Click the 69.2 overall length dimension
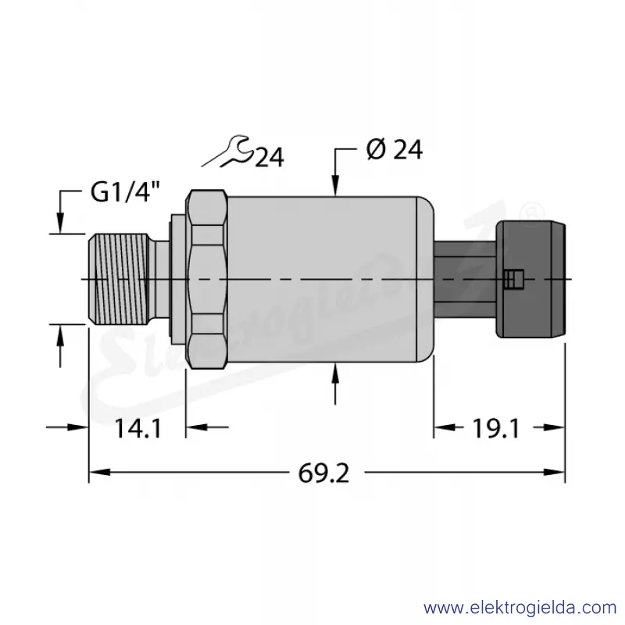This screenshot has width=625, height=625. pyautogui.click(x=323, y=473)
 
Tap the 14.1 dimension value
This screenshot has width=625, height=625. pyautogui.click(x=138, y=429)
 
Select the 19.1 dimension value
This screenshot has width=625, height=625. pyautogui.click(x=496, y=429)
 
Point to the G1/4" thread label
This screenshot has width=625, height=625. pyautogui.click(x=125, y=192)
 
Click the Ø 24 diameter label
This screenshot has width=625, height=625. pyautogui.click(x=395, y=150)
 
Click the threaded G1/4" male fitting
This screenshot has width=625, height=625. pyautogui.click(x=119, y=279)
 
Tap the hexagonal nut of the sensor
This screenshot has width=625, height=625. pyautogui.click(x=206, y=279)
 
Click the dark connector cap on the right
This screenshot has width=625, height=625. pyautogui.click(x=530, y=279)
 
